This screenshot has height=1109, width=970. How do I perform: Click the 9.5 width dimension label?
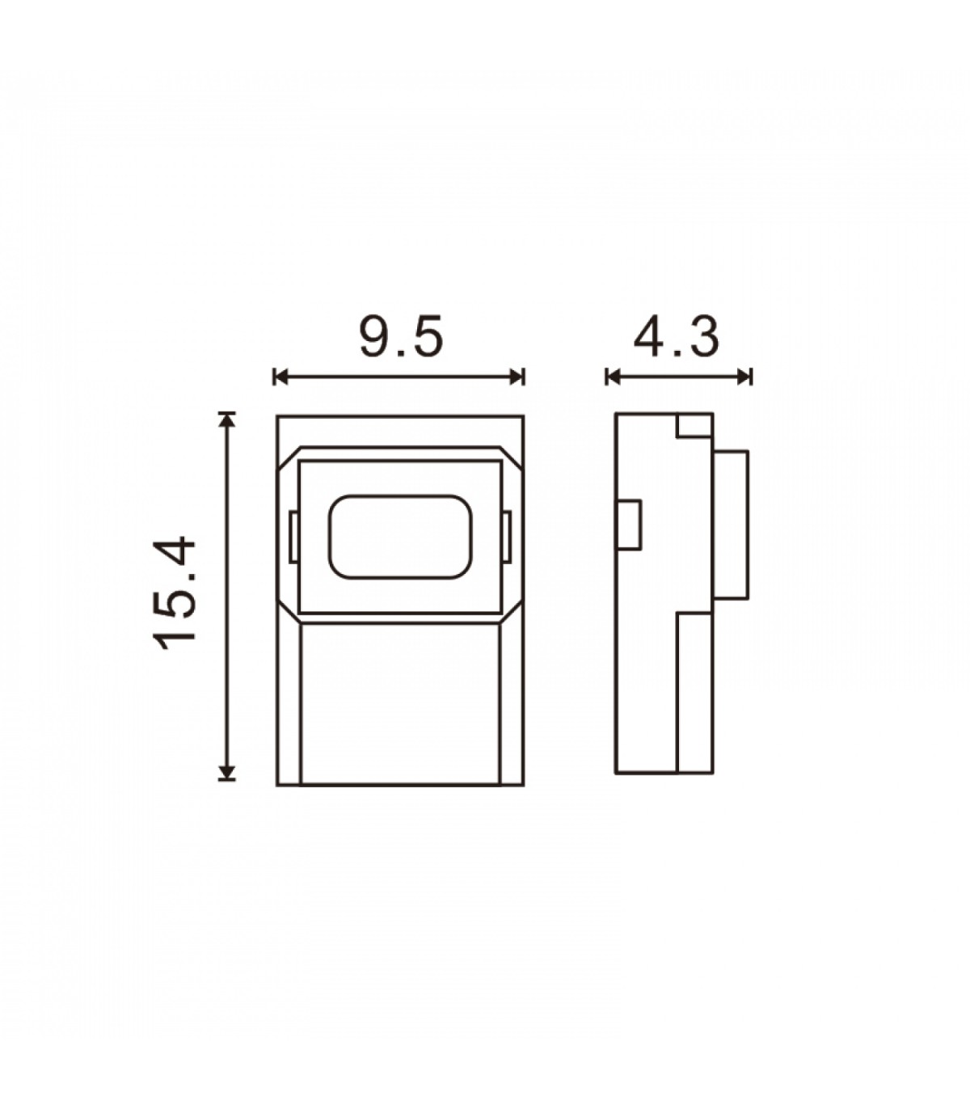pos(402,336)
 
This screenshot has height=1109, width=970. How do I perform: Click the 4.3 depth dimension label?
pos(676,337)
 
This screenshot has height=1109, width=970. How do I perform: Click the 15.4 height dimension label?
pos(175,593)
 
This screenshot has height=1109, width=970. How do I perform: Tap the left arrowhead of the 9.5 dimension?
pos(280,377)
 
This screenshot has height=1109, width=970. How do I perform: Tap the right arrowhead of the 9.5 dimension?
pos(517,377)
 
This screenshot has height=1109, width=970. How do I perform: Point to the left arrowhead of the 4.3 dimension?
pos(613,377)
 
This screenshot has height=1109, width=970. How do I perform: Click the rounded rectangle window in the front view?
pos(400,537)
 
